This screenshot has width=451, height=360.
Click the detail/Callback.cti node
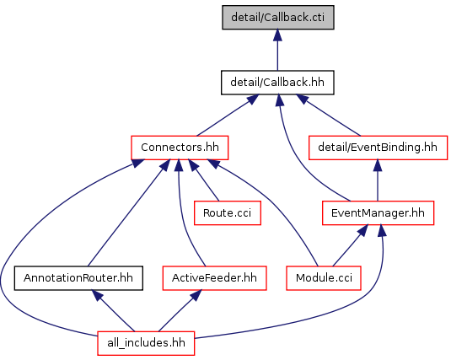[x=278, y=17]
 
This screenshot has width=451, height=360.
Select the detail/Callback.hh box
[x=277, y=83]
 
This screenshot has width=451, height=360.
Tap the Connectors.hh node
[x=180, y=148]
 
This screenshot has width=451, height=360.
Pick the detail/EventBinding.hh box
[x=378, y=148]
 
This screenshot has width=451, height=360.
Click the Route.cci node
[x=228, y=213]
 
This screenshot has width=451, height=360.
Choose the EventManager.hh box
[x=378, y=213]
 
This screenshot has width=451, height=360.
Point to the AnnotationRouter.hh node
[x=78, y=278]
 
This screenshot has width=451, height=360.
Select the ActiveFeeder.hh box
[x=214, y=278]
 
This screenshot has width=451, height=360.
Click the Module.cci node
[x=324, y=278]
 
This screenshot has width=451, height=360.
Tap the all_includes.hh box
[x=146, y=343]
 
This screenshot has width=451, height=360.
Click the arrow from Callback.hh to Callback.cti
[x=277, y=50]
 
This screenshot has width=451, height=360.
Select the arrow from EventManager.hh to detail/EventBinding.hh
[x=378, y=180]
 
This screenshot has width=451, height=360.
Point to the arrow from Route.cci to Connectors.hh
[x=204, y=180]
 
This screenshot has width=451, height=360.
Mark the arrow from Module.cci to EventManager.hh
[x=350, y=245]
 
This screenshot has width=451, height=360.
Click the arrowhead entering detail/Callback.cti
[x=277, y=35]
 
